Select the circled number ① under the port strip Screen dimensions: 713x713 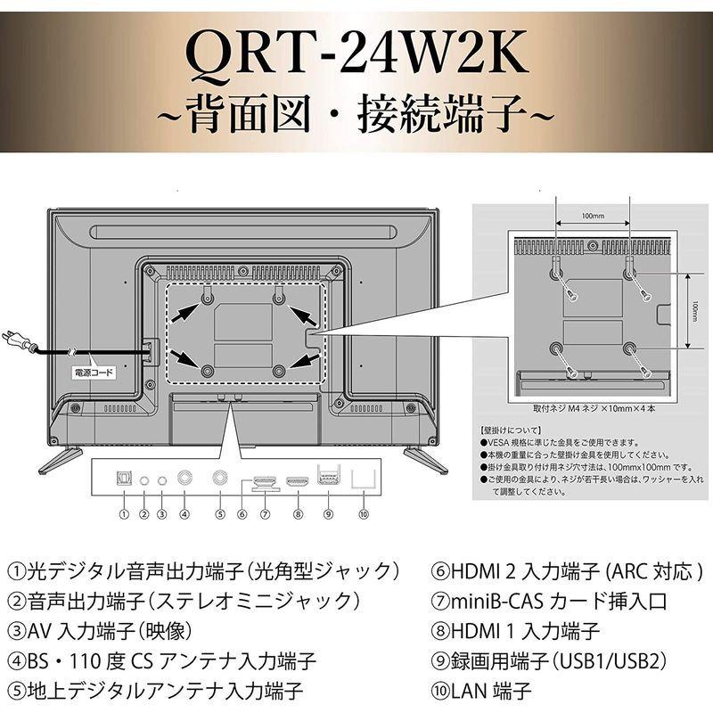[124, 514]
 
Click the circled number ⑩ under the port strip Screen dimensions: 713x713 [362, 514]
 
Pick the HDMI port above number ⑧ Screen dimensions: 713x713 [297, 480]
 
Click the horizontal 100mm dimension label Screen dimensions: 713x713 [592, 215]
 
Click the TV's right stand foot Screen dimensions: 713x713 [425, 458]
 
